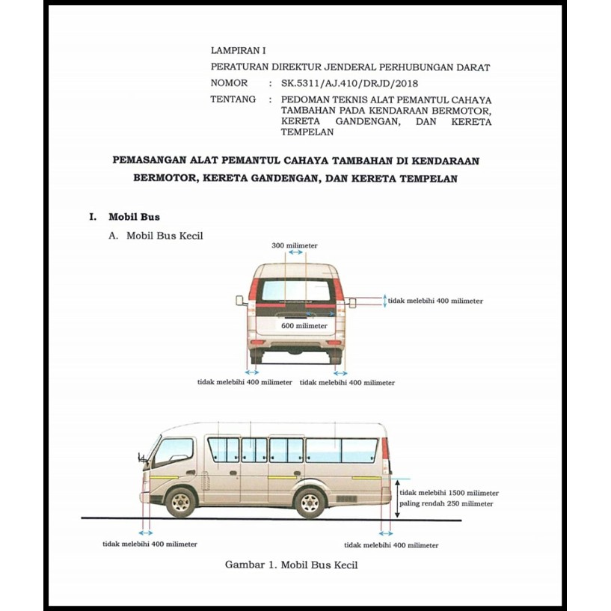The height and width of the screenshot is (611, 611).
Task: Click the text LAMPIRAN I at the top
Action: [238, 52]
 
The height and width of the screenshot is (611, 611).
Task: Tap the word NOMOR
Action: [229, 83]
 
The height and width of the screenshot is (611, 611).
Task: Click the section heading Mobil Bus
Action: [134, 217]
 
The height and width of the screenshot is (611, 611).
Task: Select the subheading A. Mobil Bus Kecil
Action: [156, 235]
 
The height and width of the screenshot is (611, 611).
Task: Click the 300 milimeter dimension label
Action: [294, 245]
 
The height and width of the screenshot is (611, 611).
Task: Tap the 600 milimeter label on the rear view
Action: [304, 326]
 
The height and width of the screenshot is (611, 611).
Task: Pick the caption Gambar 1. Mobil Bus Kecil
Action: [291, 565]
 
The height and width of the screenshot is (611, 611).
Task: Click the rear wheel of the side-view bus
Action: [310, 502]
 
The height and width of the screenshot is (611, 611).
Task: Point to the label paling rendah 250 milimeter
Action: [446, 504]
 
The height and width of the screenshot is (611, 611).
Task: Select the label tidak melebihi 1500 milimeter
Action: [449, 493]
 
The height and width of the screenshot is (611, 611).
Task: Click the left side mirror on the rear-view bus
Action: [240, 301]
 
